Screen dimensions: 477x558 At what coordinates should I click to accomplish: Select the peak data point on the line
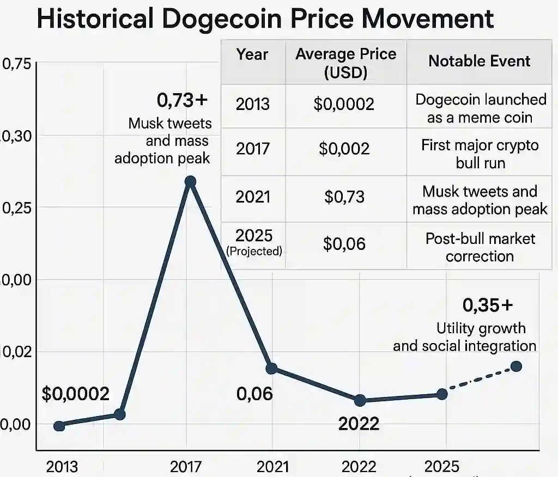[190, 181]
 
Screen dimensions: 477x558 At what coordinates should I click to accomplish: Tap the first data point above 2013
[59, 426]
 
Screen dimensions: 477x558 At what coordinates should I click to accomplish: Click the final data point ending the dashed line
[516, 366]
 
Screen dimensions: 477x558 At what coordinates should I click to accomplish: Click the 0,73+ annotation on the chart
[182, 100]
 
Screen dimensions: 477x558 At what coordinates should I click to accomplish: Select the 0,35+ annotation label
[488, 305]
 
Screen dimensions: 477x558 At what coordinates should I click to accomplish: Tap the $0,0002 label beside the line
[76, 394]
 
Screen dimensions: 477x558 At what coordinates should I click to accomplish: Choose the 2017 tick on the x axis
[186, 467]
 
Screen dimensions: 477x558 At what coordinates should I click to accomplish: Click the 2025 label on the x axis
[441, 467]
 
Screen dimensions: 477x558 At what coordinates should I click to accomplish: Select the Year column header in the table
[252, 54]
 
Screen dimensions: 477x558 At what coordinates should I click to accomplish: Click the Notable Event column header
[479, 61]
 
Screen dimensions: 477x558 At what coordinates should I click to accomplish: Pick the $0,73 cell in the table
[344, 197]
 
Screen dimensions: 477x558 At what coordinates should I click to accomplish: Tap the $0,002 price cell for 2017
[344, 149]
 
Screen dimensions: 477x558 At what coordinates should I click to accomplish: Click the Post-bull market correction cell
[480, 247]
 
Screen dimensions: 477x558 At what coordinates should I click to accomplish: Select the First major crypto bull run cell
[480, 154]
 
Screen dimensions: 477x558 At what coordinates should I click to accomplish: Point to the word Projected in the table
[254, 251]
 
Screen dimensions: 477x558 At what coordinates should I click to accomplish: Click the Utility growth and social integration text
[464, 337]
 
